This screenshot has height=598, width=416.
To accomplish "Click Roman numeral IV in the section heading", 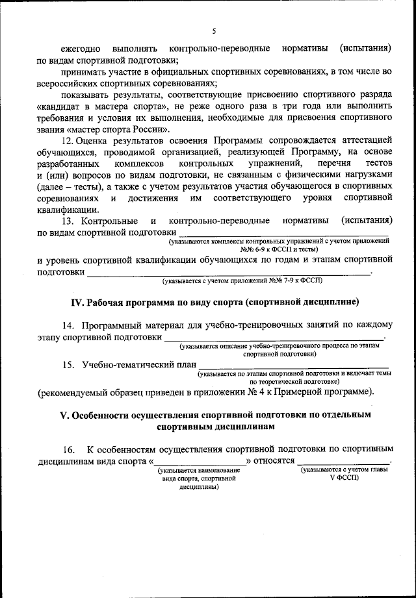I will [75, 302].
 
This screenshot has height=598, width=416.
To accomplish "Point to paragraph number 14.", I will [68, 325].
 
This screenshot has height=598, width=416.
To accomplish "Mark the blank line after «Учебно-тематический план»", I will [293, 368].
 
